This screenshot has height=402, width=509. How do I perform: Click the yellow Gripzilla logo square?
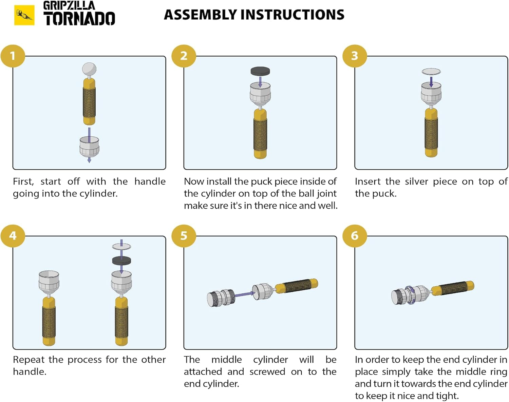click(x=24, y=15)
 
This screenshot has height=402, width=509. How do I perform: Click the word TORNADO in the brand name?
click(x=79, y=19)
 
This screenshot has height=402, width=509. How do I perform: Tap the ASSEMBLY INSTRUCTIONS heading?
click(x=254, y=15)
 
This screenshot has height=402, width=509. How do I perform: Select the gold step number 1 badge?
click(x=13, y=56)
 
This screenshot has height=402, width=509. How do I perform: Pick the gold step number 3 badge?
click(x=355, y=56)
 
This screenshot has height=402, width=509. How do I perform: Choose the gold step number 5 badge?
click(x=184, y=235)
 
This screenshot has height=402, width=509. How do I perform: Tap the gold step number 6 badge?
click(x=355, y=235)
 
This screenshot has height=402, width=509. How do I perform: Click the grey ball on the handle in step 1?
click(x=89, y=69)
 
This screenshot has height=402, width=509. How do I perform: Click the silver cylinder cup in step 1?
click(x=89, y=146)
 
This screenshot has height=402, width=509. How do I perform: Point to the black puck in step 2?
click(x=260, y=71)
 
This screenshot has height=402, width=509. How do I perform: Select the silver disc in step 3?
click(x=431, y=72)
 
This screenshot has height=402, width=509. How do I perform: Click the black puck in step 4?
click(x=121, y=261)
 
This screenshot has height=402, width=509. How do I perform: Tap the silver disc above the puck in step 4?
click(x=121, y=247)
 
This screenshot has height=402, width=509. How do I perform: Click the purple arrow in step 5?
click(x=243, y=294)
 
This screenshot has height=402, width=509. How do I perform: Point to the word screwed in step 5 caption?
click(x=267, y=372)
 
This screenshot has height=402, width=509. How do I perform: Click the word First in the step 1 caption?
click(x=23, y=181)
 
